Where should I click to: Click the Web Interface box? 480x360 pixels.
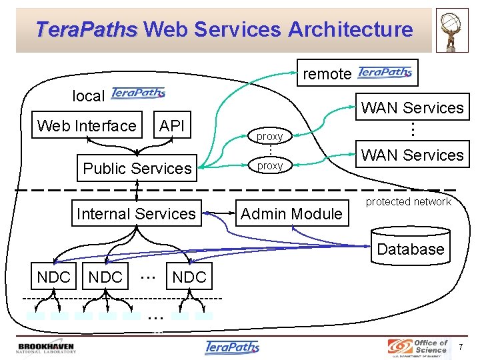coord(87,126)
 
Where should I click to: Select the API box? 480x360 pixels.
coord(172,126)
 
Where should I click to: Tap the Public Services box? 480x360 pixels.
coord(137,169)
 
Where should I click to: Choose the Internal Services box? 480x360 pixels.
coord(137,214)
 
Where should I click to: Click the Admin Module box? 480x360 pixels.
coord(291,214)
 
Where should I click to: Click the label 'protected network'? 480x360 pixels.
coord(409,202)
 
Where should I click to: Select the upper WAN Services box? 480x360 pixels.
coord(412,108)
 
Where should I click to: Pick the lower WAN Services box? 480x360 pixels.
coord(412,155)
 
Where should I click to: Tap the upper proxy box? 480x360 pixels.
coord(270,136)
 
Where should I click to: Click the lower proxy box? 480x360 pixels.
coord(270,165)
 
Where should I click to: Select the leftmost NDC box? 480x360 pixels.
coord(53,277)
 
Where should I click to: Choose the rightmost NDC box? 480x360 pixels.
coord(189,277)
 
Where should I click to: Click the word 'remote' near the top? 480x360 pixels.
coord(327,74)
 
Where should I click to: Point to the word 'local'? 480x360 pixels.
coord(88,96)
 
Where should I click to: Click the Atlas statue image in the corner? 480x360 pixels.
coord(452,31)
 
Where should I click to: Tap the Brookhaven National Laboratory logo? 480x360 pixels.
coord(46,348)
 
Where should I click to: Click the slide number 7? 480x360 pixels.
coord(461,347)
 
